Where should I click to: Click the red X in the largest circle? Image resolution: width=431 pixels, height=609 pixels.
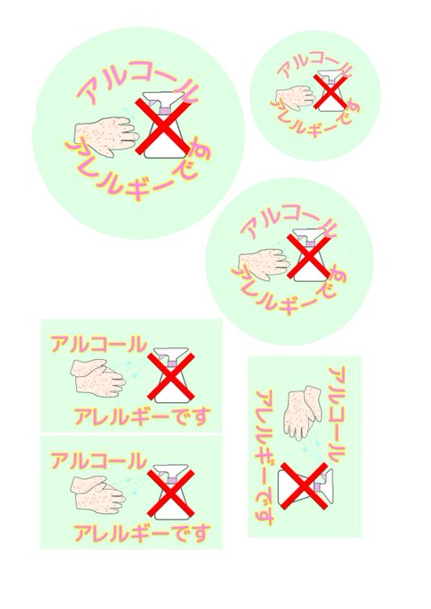[162, 126]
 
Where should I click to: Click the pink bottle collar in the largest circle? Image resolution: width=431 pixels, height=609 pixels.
[165, 111]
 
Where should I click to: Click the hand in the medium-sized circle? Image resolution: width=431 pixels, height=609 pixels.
[264, 264]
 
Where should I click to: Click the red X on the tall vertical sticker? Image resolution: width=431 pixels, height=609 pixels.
[304, 485]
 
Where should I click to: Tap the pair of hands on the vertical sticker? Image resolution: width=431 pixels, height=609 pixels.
[303, 412]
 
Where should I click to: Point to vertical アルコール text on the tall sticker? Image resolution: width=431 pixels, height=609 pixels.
[337, 414]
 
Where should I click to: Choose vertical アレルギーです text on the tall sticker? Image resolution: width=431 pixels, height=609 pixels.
[266, 457]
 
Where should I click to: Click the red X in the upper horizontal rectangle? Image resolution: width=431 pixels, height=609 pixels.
[171, 376]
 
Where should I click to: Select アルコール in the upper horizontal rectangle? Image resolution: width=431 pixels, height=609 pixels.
[99, 344]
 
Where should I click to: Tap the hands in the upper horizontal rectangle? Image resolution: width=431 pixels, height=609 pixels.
[98, 378]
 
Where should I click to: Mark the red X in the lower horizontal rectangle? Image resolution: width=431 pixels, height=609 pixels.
[171, 493]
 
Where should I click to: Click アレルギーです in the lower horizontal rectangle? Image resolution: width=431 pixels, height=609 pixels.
[142, 533]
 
